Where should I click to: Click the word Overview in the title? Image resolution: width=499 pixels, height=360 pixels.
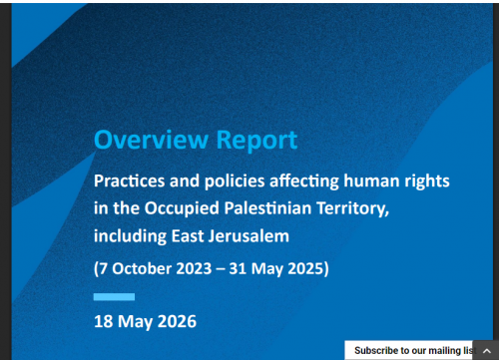(151, 140)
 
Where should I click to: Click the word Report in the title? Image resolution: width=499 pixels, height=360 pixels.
(256, 141)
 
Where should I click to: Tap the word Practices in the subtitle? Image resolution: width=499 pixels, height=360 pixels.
(130, 181)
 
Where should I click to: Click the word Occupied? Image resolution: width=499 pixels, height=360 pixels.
(182, 208)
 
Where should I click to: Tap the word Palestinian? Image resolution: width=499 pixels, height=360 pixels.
(267, 208)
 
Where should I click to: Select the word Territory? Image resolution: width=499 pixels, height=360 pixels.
(352, 209)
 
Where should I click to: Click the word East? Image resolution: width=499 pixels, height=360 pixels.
(188, 236)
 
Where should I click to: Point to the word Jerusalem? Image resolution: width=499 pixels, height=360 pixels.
(249, 236)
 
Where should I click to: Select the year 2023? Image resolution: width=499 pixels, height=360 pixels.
(194, 268)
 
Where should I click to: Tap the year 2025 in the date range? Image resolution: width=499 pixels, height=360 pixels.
(305, 268)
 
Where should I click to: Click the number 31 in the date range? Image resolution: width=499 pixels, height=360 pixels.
(238, 268)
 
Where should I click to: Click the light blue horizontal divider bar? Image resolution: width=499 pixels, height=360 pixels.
(114, 297)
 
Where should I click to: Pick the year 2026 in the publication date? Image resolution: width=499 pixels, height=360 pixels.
(177, 321)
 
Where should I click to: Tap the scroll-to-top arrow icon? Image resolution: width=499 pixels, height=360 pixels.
(486, 351)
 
